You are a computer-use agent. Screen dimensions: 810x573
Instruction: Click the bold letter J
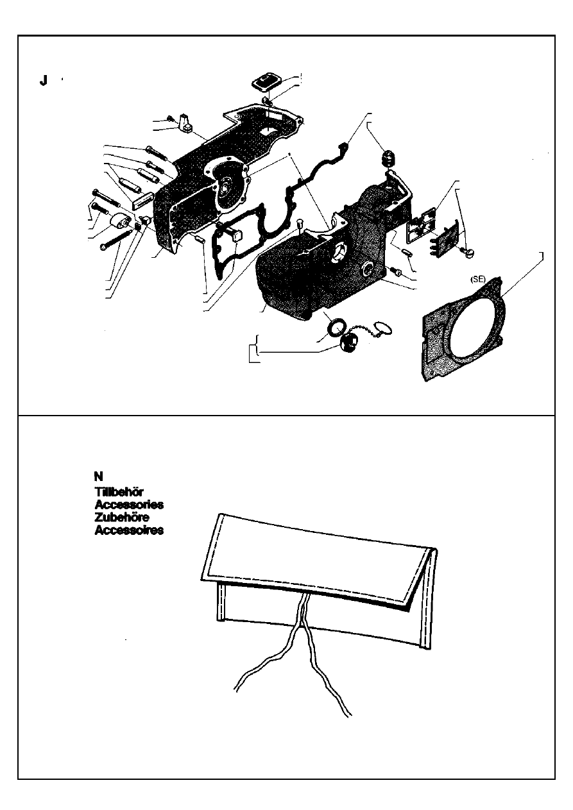[x=43, y=81]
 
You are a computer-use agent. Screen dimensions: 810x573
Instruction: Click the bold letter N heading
[x=98, y=476]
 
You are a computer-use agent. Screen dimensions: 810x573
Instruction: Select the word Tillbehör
[x=114, y=492]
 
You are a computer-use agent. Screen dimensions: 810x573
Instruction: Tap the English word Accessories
[x=128, y=505]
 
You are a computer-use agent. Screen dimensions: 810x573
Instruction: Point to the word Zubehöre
[x=122, y=518]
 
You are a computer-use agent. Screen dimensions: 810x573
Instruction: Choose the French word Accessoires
[x=128, y=530]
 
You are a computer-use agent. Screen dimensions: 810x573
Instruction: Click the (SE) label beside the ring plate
[x=477, y=280]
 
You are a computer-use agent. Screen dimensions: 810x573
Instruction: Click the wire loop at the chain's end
[x=384, y=330]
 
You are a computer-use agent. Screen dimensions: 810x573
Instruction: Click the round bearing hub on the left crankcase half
[x=227, y=190]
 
